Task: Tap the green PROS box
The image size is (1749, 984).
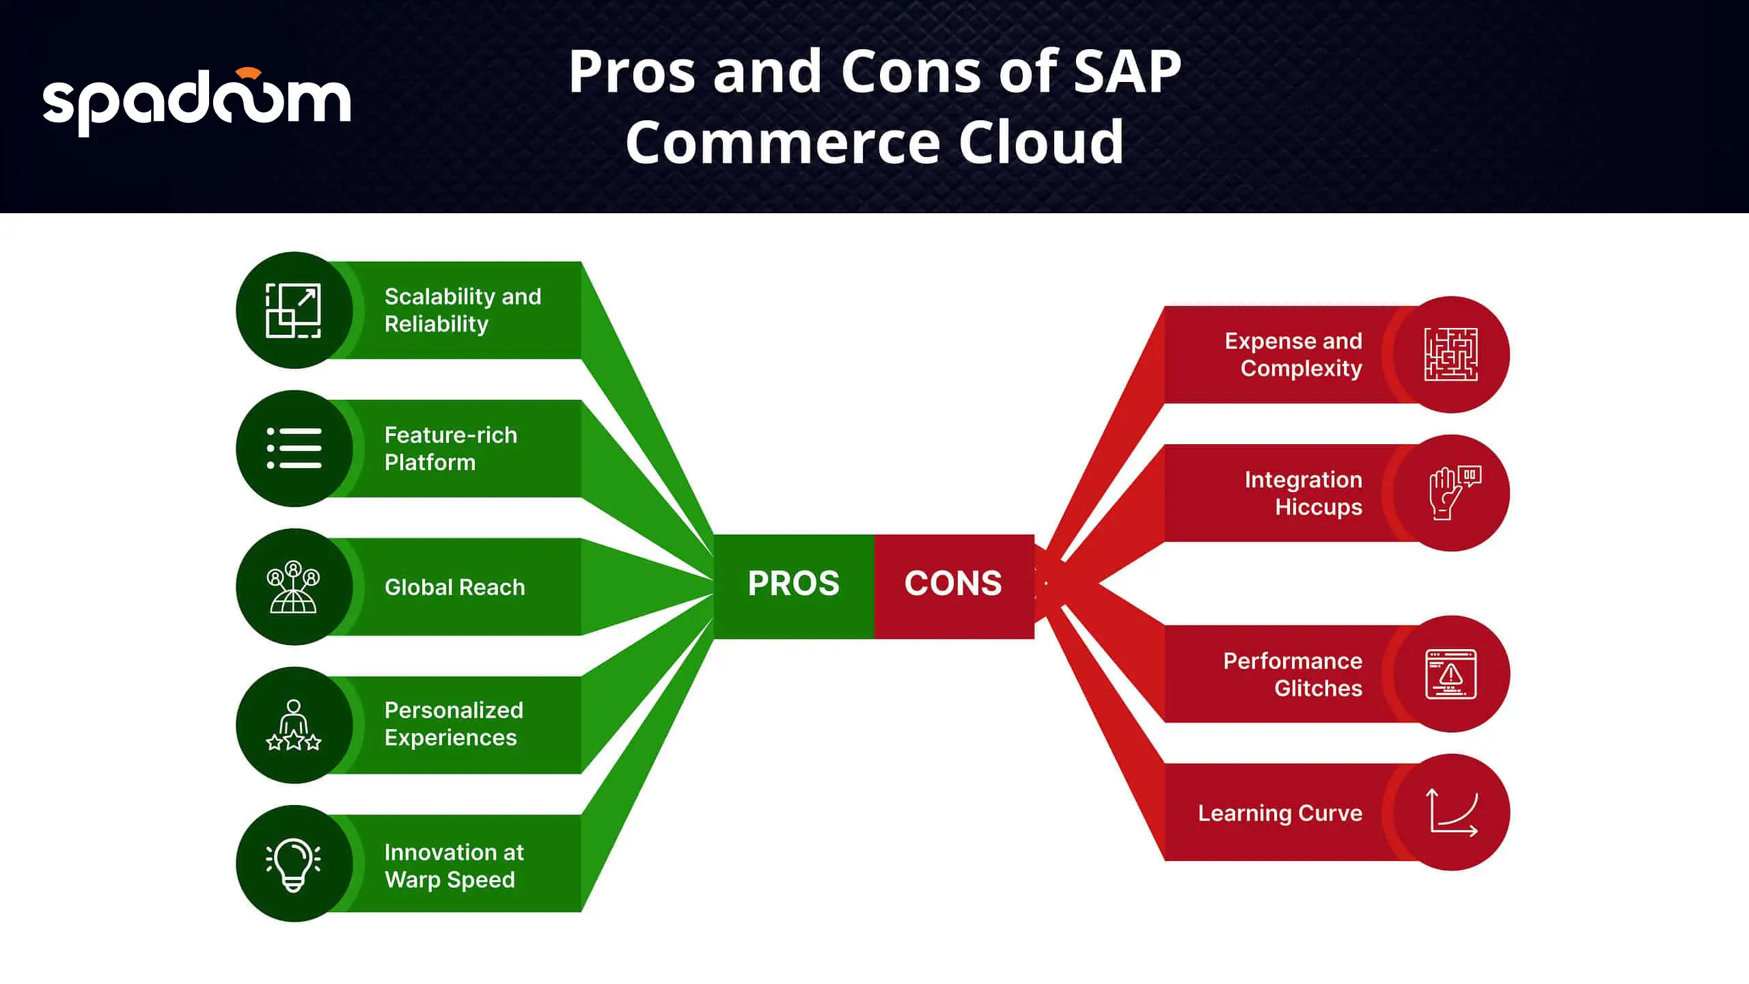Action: [x=794, y=586]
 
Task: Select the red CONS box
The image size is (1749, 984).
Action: [x=954, y=586]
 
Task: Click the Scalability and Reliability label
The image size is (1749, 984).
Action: [x=463, y=310]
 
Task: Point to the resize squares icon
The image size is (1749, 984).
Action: [x=293, y=310]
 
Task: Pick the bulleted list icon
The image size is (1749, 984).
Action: [x=294, y=448]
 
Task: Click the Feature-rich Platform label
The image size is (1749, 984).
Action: [x=451, y=448]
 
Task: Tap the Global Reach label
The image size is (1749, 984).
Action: [x=455, y=587]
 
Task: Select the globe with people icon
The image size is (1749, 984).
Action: [x=293, y=586]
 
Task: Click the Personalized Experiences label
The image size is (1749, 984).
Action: [x=454, y=724]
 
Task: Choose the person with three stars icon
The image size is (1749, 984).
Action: [x=294, y=725]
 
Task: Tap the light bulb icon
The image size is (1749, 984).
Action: [x=293, y=864]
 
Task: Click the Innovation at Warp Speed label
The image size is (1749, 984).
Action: [x=454, y=866]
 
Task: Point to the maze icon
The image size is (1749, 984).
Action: [x=1451, y=355]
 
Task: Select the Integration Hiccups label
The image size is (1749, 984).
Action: [x=1303, y=493]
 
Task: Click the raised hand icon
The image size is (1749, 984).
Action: [x=1455, y=493]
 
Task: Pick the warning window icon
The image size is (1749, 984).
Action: [x=1451, y=674]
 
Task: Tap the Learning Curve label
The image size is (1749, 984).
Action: [x=1280, y=813]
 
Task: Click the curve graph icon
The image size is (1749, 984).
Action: [x=1452, y=812]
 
